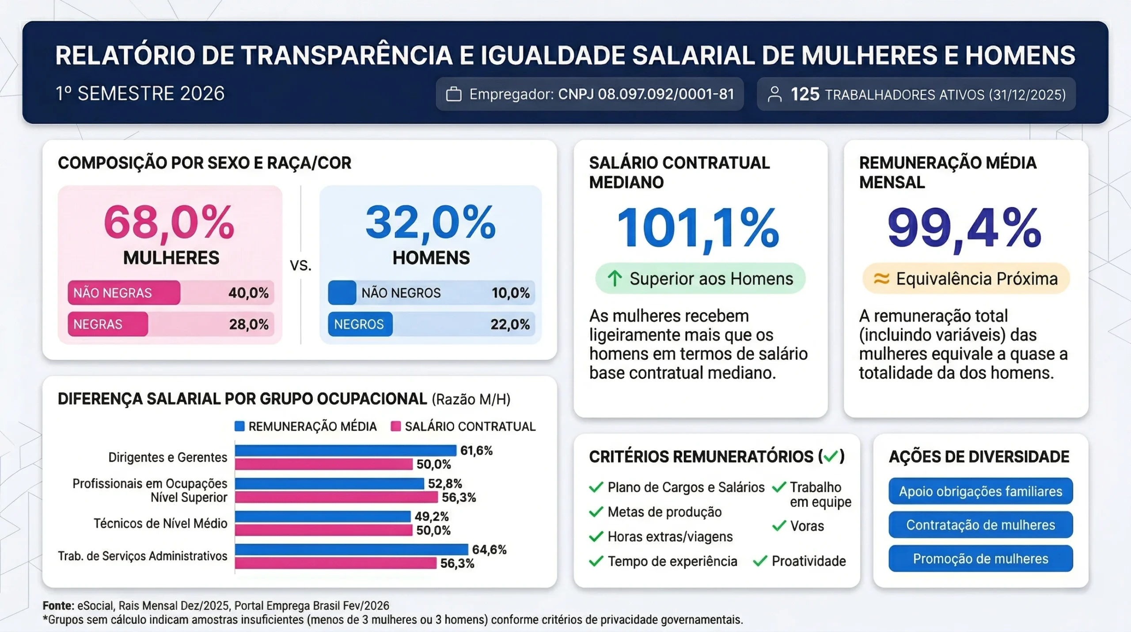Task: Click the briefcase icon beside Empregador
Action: [x=454, y=94]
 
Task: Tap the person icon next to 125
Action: [x=774, y=94]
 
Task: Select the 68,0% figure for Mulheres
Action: [x=169, y=222]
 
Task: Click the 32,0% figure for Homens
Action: [x=431, y=222]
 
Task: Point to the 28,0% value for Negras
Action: [x=249, y=324]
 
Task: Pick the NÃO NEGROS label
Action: [x=401, y=293]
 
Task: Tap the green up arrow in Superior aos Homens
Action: [x=615, y=279]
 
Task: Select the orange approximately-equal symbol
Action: [x=881, y=279]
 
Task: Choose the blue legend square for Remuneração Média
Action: [x=239, y=426]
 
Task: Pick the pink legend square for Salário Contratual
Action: [x=396, y=426]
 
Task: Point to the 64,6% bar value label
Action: [x=489, y=549]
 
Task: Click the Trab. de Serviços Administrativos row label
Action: [x=142, y=556]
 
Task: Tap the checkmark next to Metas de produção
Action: [x=596, y=512]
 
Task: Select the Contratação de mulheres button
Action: [x=980, y=525]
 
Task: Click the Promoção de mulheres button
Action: [x=980, y=559]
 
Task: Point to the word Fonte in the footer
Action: [x=58, y=605]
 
